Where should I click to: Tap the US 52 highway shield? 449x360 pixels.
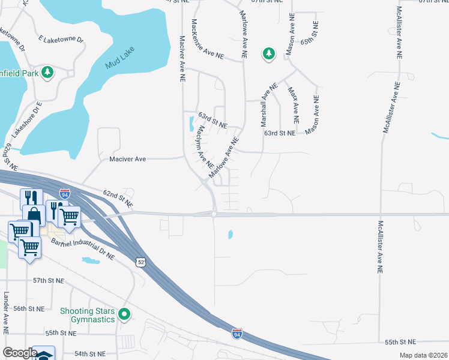[x=139, y=263]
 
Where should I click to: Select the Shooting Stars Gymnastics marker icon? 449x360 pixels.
[x=124, y=314]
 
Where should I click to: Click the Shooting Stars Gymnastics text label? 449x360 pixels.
[x=87, y=315]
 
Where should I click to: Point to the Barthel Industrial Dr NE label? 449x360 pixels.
[x=83, y=249]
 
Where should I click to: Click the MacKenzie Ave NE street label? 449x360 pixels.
[x=207, y=38]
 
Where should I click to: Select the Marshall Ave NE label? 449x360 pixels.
[x=268, y=104]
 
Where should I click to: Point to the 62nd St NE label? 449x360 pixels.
[x=116, y=194]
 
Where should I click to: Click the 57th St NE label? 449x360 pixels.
[x=48, y=280]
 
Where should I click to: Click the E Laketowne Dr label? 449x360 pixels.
[x=60, y=40]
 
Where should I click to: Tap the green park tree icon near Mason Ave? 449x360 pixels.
[x=268, y=54]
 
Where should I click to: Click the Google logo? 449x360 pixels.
[x=20, y=353]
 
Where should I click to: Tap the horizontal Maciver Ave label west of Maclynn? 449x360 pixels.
[x=128, y=159]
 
